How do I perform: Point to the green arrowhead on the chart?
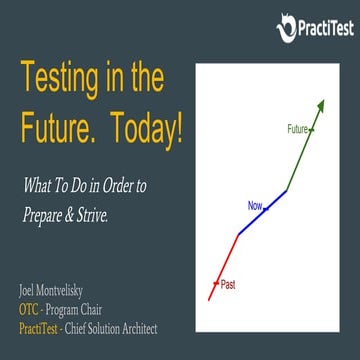click(320, 106)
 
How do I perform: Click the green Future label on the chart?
click(297, 129)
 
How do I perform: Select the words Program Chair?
click(86, 309)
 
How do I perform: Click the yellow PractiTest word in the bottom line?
click(37, 327)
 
